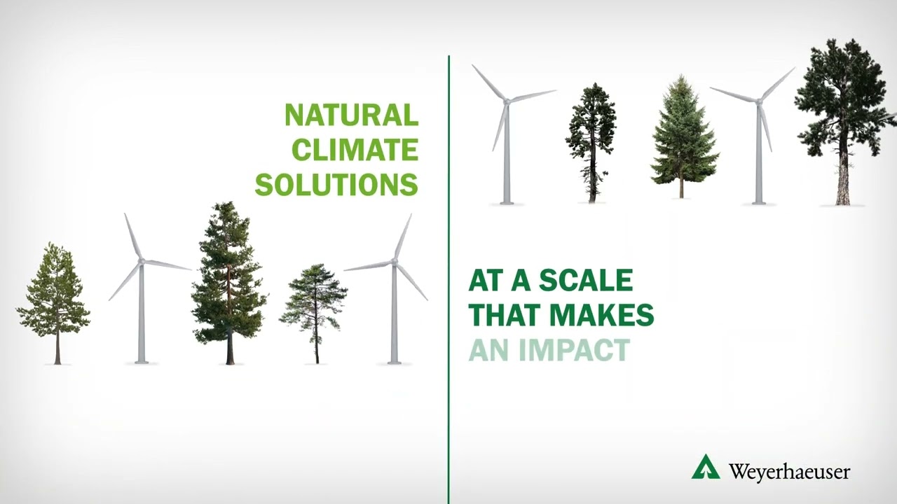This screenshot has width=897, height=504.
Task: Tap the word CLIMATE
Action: tap(355, 150)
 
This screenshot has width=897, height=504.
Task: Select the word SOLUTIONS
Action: tap(336, 184)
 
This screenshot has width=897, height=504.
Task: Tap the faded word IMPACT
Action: tap(580, 350)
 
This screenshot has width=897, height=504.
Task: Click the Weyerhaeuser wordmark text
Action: tap(789, 471)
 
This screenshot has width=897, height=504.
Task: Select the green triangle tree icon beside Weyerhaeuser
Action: tap(706, 468)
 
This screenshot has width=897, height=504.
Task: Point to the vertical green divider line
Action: tap(448, 280)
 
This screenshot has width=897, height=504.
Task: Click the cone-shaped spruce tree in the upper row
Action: tap(683, 133)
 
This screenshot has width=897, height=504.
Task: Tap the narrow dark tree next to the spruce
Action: tap(591, 140)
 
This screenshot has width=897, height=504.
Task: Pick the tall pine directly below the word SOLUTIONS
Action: tap(229, 280)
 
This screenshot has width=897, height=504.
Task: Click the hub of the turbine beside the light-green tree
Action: tap(141, 261)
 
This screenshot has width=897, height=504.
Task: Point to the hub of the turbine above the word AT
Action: tap(506, 101)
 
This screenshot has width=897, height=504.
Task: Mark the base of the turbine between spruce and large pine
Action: tap(758, 202)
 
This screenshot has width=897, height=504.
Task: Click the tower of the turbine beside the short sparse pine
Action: tap(395, 315)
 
